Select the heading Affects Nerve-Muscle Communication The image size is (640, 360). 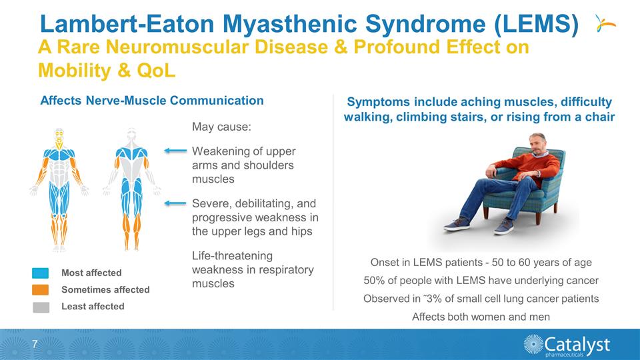click(x=152, y=101)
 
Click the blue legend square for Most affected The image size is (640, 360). click(x=40, y=273)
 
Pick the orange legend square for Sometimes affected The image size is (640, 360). click(x=40, y=289)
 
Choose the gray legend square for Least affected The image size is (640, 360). click(x=40, y=306)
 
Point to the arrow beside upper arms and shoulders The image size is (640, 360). click(x=176, y=151)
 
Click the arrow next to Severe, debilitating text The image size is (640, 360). click(x=176, y=203)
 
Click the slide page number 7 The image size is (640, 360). click(x=33, y=344)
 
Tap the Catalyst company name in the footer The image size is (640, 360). click(x=577, y=343)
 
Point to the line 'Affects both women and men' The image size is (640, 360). click(x=481, y=317)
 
